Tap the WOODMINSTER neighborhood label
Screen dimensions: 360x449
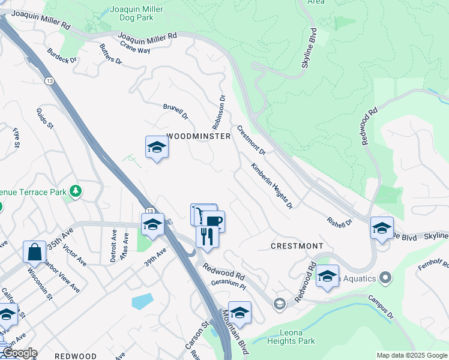click(x=199, y=137)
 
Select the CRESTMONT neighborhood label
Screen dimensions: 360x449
click(x=297, y=246)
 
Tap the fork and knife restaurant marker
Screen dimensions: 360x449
click(x=207, y=235)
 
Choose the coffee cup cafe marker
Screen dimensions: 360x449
click(x=214, y=221)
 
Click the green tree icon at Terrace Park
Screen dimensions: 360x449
click(x=76, y=191)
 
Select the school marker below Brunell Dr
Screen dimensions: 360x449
click(x=157, y=148)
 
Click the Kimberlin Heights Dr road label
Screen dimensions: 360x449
click(x=272, y=186)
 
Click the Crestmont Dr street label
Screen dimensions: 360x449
click(x=252, y=139)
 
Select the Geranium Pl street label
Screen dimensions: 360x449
click(x=228, y=286)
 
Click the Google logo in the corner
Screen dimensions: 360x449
click(x=19, y=353)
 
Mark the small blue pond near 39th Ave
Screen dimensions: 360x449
click(x=142, y=301)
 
